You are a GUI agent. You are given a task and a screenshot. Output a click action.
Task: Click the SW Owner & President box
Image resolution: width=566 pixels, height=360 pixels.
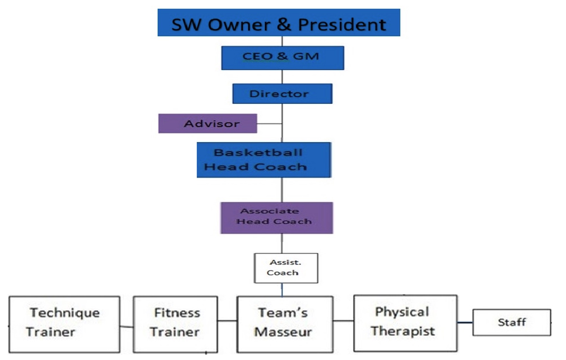point(278,23)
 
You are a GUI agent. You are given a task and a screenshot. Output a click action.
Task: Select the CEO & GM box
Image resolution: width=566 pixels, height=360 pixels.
point(282,58)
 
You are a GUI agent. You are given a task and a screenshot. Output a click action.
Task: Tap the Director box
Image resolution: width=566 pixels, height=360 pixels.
point(282,94)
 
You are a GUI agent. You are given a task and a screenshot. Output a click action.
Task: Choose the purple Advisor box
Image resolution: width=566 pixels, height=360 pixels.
point(207,124)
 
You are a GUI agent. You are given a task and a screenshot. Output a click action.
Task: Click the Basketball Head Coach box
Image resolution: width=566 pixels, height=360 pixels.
point(264,160)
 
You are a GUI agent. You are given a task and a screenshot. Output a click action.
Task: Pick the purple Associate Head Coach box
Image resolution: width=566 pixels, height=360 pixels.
point(276,218)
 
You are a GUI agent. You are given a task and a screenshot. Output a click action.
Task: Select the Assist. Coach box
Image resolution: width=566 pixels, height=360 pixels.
point(286,268)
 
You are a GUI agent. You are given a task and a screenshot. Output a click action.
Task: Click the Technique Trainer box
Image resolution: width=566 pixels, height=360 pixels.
point(64,324)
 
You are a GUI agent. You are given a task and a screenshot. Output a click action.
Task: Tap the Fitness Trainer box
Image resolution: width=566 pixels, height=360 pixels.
point(175,324)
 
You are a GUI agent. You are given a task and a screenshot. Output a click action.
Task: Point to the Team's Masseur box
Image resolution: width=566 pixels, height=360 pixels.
point(285,324)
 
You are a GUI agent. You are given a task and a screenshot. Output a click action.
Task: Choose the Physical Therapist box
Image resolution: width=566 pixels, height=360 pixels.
point(405,323)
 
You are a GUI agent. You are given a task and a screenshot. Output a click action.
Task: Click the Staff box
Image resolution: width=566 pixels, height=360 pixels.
point(511,322)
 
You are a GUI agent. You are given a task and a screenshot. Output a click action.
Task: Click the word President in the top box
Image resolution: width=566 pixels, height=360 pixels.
point(342,25)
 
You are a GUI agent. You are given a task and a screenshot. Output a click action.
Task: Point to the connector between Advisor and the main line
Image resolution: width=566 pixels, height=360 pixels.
point(269,124)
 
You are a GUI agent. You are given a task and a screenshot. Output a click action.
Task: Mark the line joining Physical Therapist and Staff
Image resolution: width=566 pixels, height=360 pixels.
point(465,322)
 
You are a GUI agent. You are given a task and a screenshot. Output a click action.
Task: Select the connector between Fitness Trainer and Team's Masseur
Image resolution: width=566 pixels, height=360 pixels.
point(227,321)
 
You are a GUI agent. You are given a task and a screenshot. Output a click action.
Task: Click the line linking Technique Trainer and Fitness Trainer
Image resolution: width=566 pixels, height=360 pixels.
point(127,327)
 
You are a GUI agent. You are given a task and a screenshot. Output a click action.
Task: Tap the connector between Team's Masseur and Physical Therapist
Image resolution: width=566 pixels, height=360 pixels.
point(343,321)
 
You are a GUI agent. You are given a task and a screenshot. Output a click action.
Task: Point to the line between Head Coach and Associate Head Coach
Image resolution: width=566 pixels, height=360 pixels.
point(282,190)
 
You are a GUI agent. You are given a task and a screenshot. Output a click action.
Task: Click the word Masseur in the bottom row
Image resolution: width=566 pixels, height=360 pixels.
point(283,332)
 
